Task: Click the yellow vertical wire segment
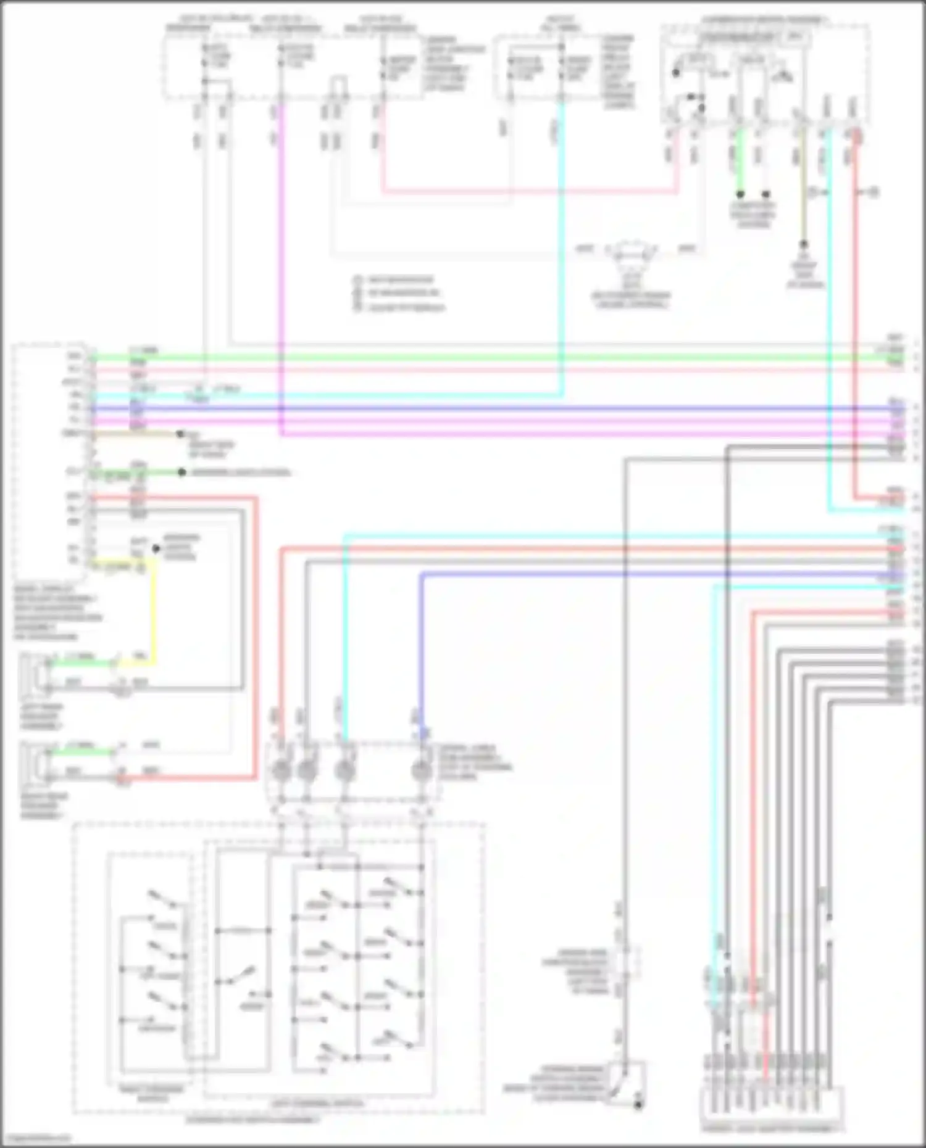pyautogui.click(x=153, y=617)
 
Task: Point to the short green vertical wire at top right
pyautogui.click(x=740, y=160)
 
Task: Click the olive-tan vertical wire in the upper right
pyautogui.click(x=803, y=185)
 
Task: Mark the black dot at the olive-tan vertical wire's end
pyautogui.click(x=803, y=244)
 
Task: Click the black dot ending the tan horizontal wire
pyautogui.click(x=180, y=434)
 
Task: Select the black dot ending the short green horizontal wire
pyautogui.click(x=181, y=473)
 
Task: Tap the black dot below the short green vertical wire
pyautogui.click(x=740, y=194)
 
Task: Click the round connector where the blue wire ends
pyautogui.click(x=422, y=770)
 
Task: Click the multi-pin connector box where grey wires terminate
pyautogui.click(x=772, y=1107)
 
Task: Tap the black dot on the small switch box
pyautogui.click(x=638, y=1105)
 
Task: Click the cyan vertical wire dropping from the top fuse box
pyautogui.click(x=561, y=247)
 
